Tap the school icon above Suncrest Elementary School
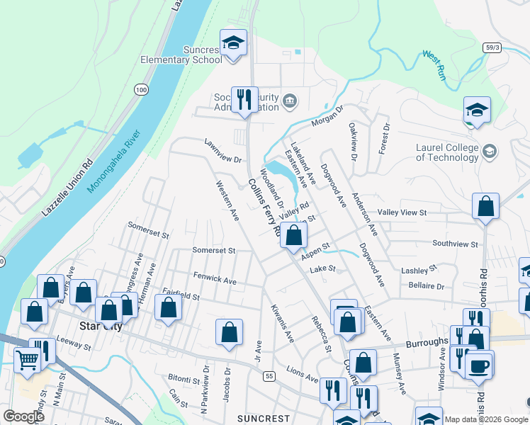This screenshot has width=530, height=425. click(x=233, y=42)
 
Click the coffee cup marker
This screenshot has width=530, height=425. click(x=479, y=365)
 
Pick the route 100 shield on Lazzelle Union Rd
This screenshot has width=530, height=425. click(x=142, y=89)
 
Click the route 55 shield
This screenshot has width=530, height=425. click(x=269, y=375)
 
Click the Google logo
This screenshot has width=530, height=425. click(x=23, y=416)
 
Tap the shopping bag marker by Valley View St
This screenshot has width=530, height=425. click(x=485, y=207)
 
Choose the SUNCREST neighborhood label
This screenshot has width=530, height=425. click(x=264, y=418)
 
